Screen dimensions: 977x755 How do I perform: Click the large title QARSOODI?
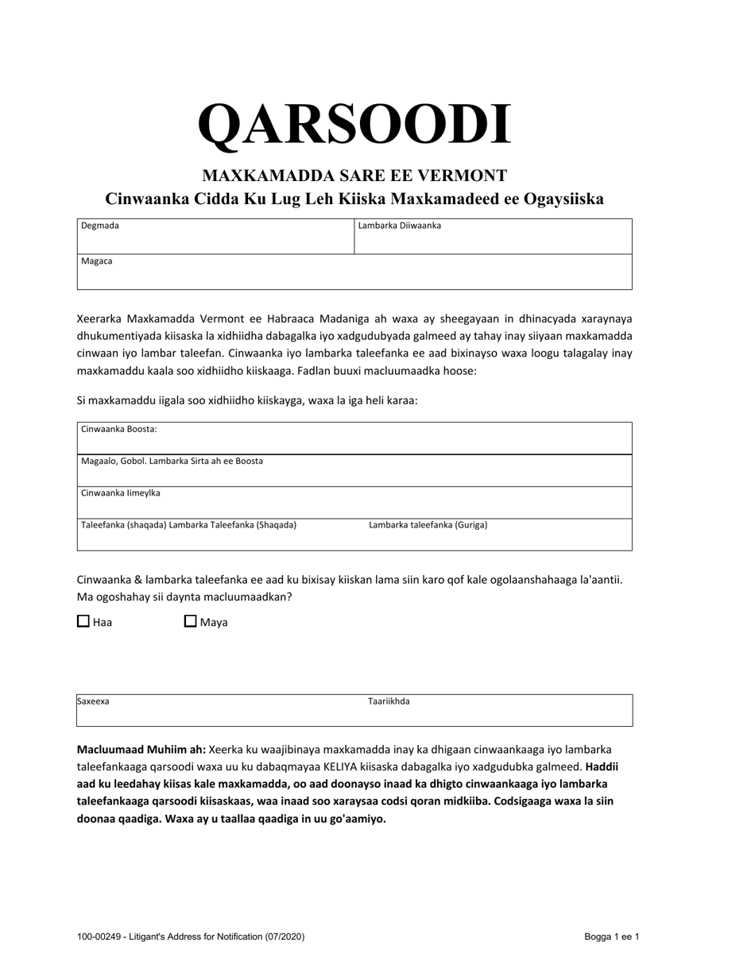[x=354, y=126]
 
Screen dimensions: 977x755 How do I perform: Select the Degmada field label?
[x=100, y=226]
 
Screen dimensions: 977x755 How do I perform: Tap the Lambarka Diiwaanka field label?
[x=399, y=226]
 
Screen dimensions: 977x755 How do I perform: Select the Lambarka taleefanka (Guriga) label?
[x=428, y=525]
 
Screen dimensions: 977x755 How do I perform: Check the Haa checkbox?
[x=83, y=622]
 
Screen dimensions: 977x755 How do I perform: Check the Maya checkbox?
[x=191, y=622]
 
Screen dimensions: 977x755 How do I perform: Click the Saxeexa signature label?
[x=93, y=702]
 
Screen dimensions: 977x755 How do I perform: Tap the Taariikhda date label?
[x=389, y=702]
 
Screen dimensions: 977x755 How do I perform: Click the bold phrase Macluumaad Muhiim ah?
[x=141, y=749]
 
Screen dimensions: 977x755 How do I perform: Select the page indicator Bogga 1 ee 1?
[x=611, y=937]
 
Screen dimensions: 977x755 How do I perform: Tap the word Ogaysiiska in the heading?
[x=565, y=199]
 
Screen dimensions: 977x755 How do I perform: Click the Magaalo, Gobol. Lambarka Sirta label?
[x=172, y=461]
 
